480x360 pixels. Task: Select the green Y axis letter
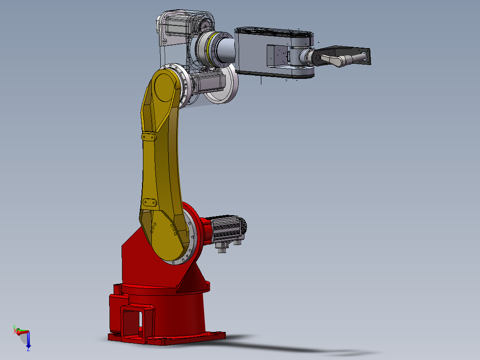point(14,327)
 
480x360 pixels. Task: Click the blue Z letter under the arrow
point(28,350)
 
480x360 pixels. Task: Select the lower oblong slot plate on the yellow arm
point(149,203)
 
